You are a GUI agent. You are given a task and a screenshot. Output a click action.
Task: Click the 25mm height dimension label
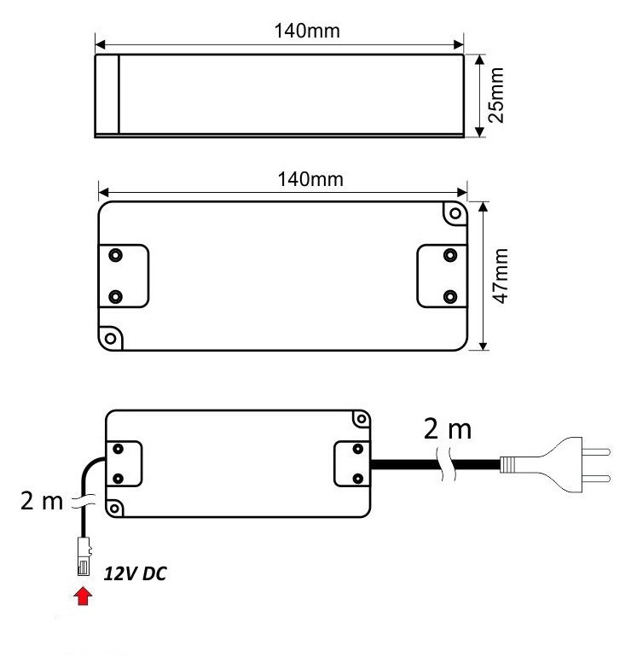[x=496, y=95]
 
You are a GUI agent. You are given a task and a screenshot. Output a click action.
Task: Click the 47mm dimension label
[x=501, y=276]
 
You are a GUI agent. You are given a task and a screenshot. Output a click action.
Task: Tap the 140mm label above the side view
[x=307, y=31]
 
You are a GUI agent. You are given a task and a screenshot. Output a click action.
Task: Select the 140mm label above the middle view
[x=310, y=179]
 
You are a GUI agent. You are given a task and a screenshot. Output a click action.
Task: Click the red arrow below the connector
[x=83, y=596]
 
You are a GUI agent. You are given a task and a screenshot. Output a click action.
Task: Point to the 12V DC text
[x=135, y=573]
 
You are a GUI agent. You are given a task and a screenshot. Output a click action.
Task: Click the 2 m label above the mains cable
[x=447, y=429]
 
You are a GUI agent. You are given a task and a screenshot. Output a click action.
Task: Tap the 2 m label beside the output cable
[x=42, y=501]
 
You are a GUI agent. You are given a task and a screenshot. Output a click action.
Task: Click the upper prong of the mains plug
[x=596, y=452]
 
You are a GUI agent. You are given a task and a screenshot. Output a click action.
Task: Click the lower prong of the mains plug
[x=596, y=479]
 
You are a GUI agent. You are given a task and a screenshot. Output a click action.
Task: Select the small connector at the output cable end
[x=84, y=556]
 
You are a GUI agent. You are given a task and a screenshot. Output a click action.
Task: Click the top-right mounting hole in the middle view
[x=455, y=213]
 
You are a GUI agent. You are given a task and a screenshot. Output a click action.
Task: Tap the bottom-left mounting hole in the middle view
[x=110, y=338]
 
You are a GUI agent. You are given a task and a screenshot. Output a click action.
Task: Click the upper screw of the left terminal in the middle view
[x=115, y=255]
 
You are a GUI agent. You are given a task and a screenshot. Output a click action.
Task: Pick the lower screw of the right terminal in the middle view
[x=450, y=296]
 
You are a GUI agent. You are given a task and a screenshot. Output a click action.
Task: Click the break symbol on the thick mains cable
[x=447, y=464]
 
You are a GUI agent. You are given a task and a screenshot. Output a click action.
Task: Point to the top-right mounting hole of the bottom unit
[x=362, y=419]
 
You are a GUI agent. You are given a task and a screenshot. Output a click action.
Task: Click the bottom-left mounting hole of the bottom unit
[x=113, y=508]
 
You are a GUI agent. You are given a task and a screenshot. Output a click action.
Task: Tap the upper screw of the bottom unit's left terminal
[x=119, y=449]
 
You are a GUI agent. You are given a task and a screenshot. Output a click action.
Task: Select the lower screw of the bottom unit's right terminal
[x=357, y=479]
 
